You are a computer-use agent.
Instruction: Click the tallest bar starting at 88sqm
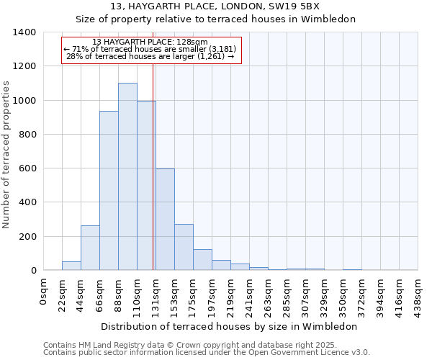[127, 176]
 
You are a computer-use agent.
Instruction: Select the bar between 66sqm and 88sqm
[109, 191]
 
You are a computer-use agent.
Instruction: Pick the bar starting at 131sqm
[165, 220]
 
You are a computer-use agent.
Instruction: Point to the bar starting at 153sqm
[184, 247]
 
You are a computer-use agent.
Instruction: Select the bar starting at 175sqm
[202, 260]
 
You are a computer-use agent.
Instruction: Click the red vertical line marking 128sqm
[153, 166]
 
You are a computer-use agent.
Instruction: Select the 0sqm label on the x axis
[44, 289]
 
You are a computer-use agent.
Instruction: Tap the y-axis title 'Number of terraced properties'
[7, 155]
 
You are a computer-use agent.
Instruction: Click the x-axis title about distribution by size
[229, 326]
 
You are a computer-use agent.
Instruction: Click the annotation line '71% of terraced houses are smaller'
[150, 49]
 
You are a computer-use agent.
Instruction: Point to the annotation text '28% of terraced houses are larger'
[150, 56]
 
